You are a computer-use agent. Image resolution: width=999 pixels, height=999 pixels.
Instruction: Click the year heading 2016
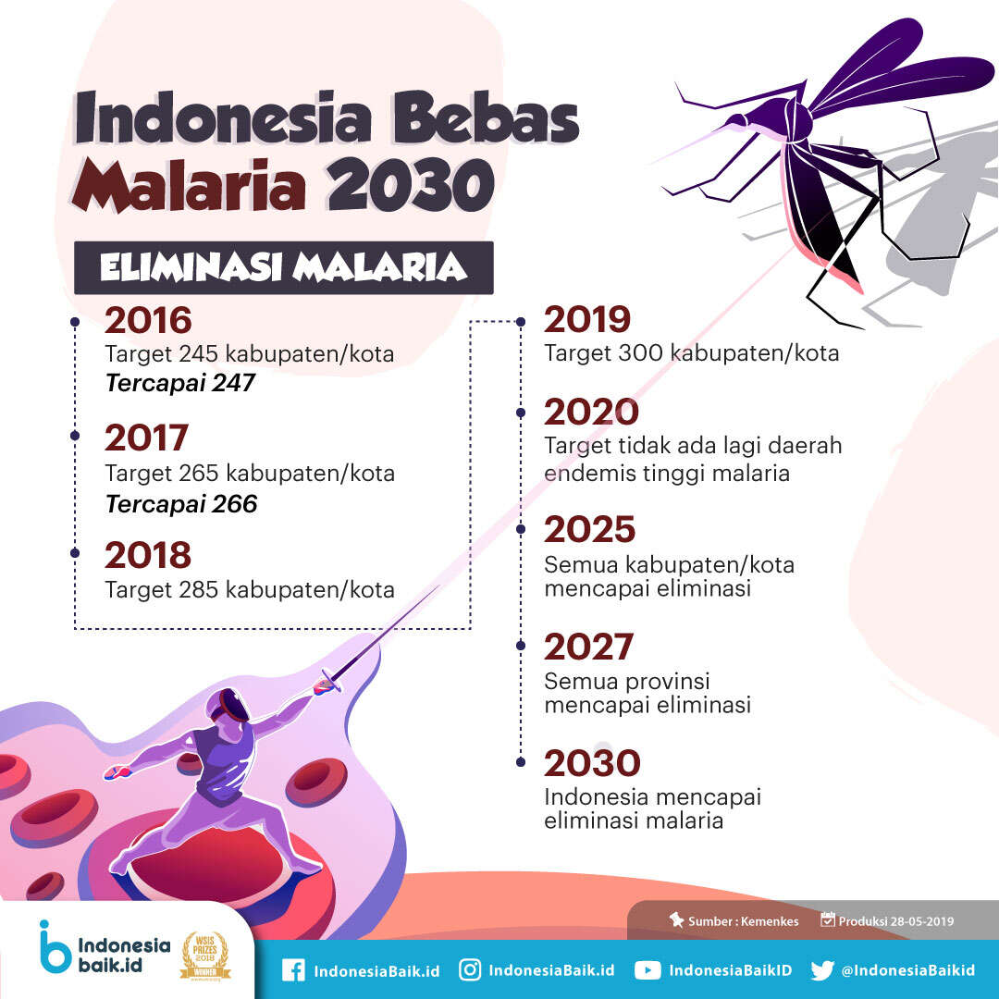pos(148,320)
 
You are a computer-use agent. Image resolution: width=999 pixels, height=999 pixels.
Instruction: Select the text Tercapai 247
pos(180,383)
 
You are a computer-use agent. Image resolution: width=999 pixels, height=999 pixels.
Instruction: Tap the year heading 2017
pos(146,438)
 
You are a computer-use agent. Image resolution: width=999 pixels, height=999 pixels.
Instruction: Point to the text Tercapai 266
pos(181,504)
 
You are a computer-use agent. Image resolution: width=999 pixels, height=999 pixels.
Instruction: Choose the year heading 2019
pos(586,319)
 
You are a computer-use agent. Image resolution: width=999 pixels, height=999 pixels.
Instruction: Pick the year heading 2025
pos(590,529)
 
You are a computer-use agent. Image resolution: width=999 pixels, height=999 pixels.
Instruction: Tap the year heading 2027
pos(588,647)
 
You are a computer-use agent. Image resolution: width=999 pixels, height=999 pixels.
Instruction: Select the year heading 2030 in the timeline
pos(592,763)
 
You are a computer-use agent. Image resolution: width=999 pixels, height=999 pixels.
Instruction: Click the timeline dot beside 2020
pos(521,413)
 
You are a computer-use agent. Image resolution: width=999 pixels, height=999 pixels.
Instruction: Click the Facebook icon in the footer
pos(293,970)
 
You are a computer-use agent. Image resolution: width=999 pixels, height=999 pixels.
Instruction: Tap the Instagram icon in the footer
pos(470,969)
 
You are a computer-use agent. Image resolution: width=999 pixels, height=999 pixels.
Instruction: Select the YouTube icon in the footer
pos(647,970)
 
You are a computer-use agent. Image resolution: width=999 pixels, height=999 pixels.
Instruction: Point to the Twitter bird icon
pos(822,970)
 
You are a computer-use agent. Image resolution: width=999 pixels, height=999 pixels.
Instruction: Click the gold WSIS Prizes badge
pos(205,955)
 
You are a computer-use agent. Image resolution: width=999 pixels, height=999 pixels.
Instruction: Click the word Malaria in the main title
pos(190,186)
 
